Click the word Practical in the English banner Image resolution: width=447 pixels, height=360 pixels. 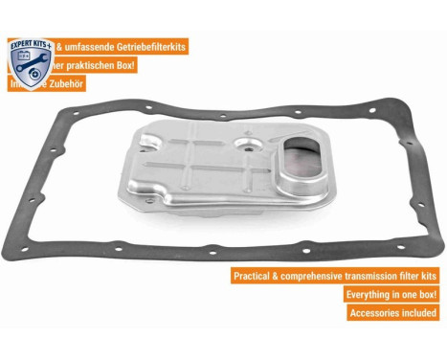pyautogui.click(x=256, y=276)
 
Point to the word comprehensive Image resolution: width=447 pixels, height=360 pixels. pyautogui.click(x=321, y=276)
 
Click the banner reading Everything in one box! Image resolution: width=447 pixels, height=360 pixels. pyautogui.click(x=392, y=294)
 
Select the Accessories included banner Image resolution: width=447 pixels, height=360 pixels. pyautogui.click(x=393, y=312)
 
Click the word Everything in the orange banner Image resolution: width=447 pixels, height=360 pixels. pyautogui.click(x=371, y=294)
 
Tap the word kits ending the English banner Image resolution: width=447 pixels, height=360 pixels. pyautogui.click(x=430, y=276)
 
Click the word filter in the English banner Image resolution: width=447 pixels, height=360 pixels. pyautogui.click(x=413, y=276)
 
